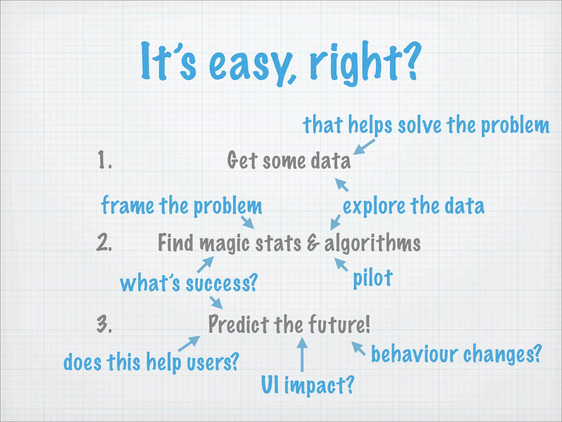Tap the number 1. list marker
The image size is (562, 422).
pos(105,160)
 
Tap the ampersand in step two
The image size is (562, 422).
pos(313,243)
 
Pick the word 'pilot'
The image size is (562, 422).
pos(372,279)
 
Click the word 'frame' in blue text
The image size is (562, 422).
pos(127,206)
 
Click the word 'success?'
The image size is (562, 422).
pos(222,284)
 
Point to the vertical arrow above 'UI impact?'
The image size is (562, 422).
pos(302,354)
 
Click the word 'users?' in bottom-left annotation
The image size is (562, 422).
pos(213,362)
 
